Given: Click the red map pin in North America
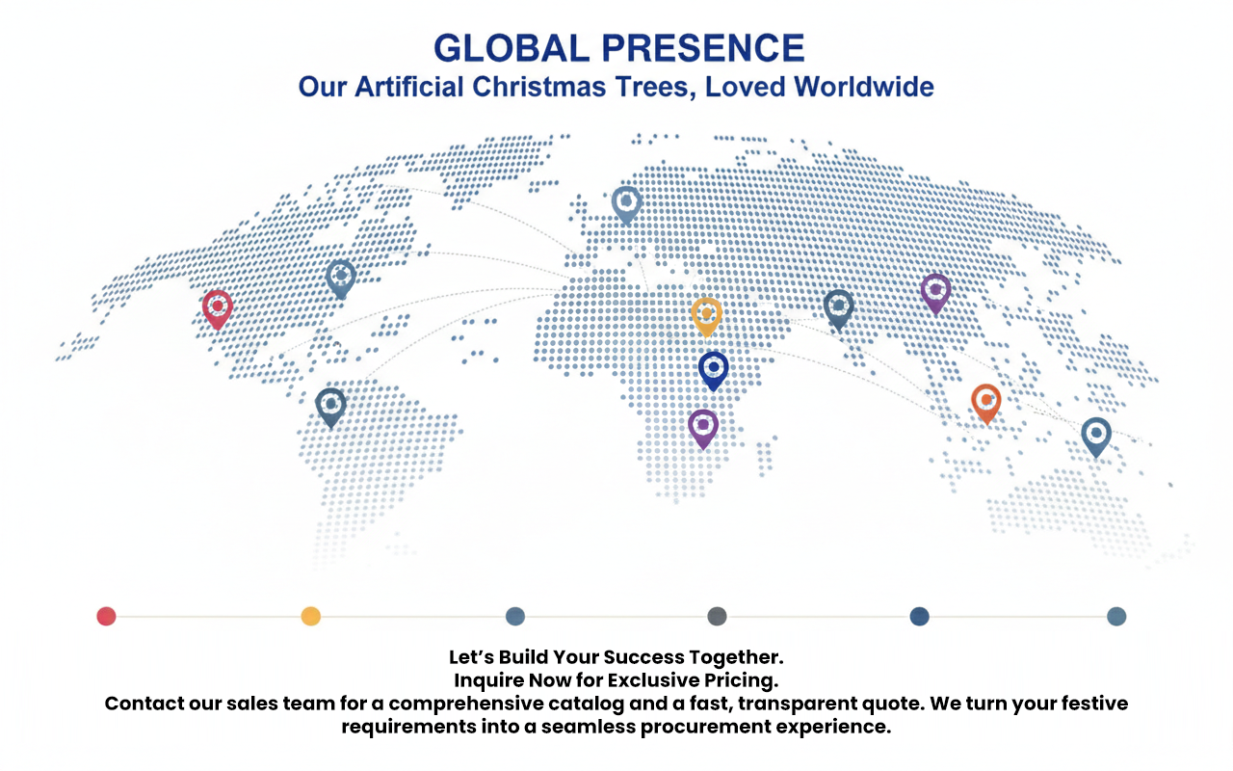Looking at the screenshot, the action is tap(218, 309).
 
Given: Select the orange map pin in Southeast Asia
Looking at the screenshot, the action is tap(985, 403).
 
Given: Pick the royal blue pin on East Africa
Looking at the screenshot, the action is tap(714, 371).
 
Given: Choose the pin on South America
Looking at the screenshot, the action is tap(330, 408).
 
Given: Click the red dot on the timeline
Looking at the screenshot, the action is tap(106, 616).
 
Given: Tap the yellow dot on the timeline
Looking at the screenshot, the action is tap(311, 616).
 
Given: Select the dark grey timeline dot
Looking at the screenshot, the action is tap(717, 616).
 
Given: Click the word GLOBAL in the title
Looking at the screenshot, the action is tap(512, 48).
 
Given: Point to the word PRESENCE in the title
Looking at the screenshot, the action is tap(703, 48).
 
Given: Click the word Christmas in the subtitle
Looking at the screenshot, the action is tap(538, 87).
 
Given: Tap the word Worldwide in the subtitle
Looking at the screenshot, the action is tap(864, 87).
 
